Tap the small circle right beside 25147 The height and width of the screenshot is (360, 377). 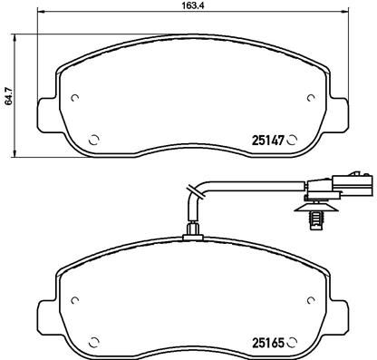[293, 141]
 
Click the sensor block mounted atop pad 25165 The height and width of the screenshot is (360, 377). [191, 233]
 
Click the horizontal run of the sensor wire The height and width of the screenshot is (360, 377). [263, 189]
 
